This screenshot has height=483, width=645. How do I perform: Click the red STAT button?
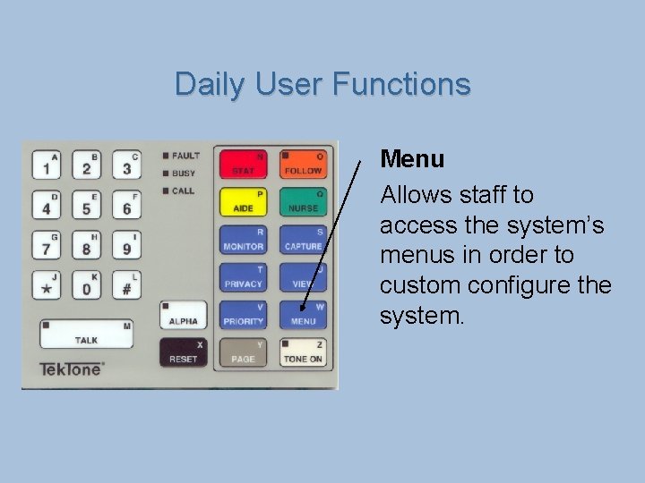click(243, 164)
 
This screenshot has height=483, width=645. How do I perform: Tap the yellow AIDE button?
click(243, 202)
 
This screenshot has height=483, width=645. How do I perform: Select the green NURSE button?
click(303, 202)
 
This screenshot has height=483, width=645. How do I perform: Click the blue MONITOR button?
click(243, 240)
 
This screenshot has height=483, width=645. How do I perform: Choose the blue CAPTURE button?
click(303, 240)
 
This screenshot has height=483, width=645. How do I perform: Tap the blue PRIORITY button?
click(243, 315)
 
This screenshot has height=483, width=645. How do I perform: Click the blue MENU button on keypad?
click(303, 315)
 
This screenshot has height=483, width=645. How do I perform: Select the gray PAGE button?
click(243, 352)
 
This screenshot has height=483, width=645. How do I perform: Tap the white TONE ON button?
click(303, 352)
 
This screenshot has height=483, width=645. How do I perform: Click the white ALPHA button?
click(183, 315)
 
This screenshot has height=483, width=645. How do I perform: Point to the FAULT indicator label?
click(185, 156)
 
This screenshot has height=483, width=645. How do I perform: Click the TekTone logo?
click(72, 369)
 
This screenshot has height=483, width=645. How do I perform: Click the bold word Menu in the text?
click(412, 159)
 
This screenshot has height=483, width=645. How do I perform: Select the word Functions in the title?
click(400, 84)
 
